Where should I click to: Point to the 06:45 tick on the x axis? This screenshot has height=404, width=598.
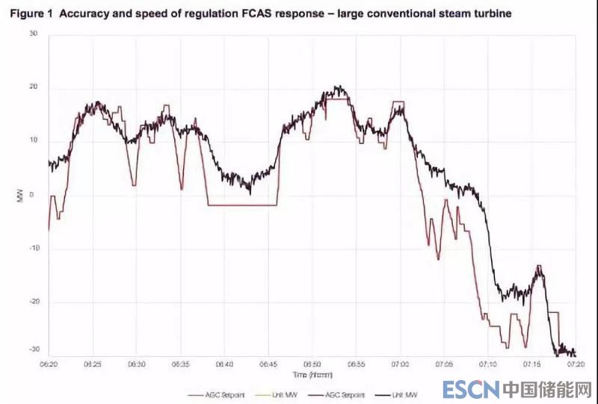pos(268,364)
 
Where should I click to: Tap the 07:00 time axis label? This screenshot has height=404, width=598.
pos(400,364)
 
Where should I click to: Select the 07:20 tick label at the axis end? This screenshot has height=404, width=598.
pos(575,364)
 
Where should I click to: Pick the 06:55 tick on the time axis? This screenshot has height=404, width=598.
pos(356,364)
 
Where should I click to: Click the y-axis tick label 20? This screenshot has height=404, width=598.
pos(32,88)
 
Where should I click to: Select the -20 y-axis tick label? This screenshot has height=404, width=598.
pos(31,302)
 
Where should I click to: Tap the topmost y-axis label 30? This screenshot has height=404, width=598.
pos(32,34)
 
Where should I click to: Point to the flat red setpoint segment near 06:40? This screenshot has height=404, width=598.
pos(243,205)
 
